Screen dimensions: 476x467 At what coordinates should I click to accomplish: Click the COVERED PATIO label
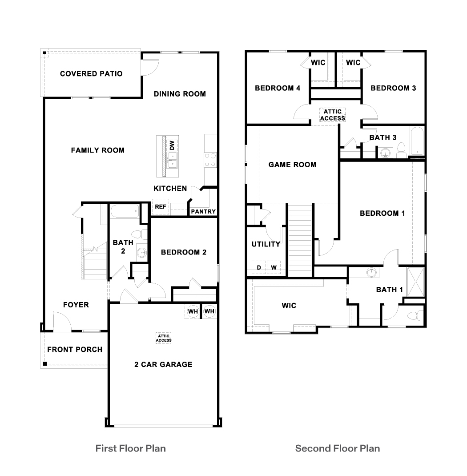click(x=91, y=73)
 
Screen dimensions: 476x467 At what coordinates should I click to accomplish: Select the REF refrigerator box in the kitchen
click(x=160, y=207)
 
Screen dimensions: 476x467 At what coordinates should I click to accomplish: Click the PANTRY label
click(x=203, y=211)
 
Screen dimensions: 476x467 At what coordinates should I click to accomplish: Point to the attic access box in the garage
click(x=164, y=338)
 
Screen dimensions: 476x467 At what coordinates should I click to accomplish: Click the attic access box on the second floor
click(x=332, y=115)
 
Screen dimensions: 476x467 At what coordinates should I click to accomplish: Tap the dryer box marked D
click(x=258, y=267)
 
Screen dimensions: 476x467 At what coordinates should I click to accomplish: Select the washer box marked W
click(x=274, y=267)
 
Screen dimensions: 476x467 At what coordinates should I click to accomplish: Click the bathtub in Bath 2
click(x=125, y=211)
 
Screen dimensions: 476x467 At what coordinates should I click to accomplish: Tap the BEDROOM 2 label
click(x=183, y=252)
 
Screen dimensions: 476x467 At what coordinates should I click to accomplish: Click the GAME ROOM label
click(x=292, y=165)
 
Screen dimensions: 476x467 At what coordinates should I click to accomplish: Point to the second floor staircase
click(x=300, y=240)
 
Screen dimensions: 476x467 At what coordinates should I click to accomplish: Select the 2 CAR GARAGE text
click(x=163, y=364)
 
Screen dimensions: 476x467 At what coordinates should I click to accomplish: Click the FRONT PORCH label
click(x=75, y=349)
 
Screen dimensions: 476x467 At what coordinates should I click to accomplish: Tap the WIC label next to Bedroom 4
click(x=318, y=63)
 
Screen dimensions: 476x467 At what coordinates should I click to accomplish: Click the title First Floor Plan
click(x=130, y=448)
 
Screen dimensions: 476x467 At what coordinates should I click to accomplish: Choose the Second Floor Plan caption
click(x=338, y=448)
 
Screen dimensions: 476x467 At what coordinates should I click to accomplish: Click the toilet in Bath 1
click(x=414, y=316)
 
